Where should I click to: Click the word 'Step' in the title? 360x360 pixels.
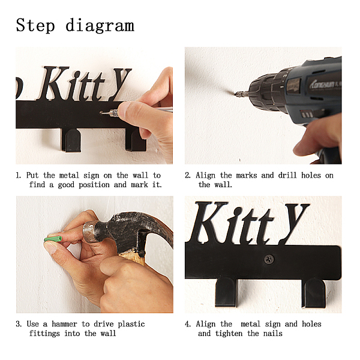(x=35, y=25)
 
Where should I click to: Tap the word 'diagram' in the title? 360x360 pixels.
(x=100, y=25)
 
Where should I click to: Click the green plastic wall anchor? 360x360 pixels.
(x=53, y=239)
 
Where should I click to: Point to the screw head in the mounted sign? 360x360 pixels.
(x=269, y=259)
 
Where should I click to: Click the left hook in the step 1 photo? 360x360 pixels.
(x=71, y=140)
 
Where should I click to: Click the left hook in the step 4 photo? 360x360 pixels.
(x=226, y=293)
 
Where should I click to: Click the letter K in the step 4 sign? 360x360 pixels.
(x=207, y=222)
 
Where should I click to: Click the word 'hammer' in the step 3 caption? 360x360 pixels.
(x=64, y=324)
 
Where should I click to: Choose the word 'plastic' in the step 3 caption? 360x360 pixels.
(x=131, y=324)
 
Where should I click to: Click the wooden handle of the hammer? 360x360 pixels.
(x=133, y=257)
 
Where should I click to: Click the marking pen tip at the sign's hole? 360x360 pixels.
(x=103, y=113)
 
